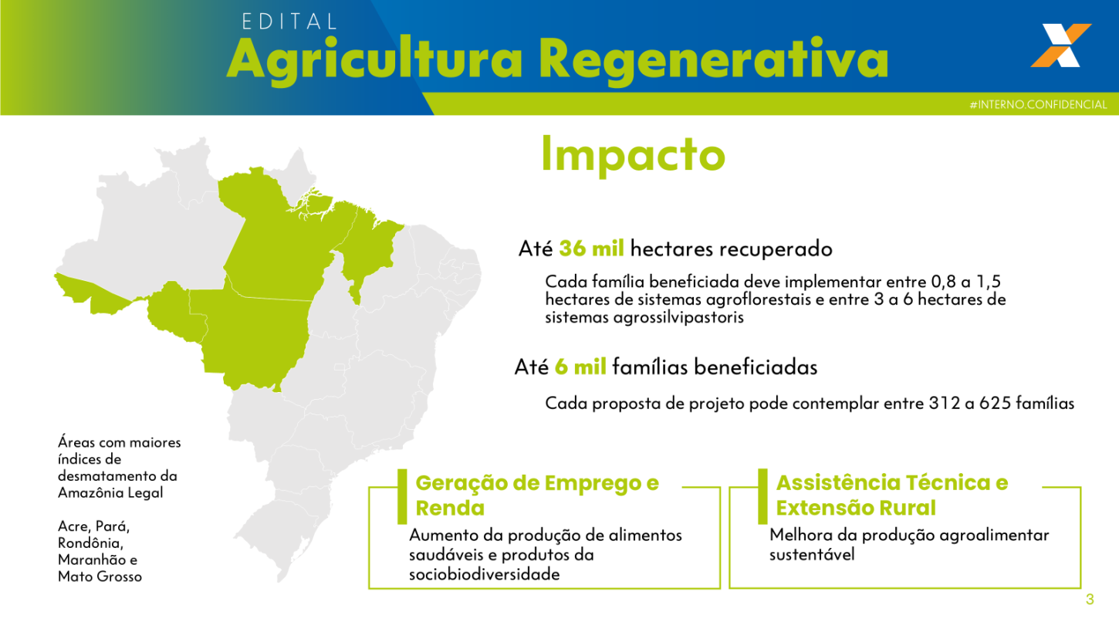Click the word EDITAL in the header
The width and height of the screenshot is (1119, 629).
(289, 21)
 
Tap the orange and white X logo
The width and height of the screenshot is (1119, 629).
(1060, 46)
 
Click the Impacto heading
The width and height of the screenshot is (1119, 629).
(633, 154)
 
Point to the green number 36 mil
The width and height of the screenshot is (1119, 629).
(591, 249)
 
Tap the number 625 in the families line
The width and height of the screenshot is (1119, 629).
(999, 403)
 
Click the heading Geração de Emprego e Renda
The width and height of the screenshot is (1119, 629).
(537, 495)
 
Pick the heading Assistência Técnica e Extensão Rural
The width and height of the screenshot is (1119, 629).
(891, 495)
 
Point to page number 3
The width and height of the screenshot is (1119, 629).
(1090, 600)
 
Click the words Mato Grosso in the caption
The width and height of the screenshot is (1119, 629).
(100, 576)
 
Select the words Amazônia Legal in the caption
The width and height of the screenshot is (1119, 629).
(110, 492)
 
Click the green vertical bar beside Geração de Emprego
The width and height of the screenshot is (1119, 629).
(401, 495)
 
